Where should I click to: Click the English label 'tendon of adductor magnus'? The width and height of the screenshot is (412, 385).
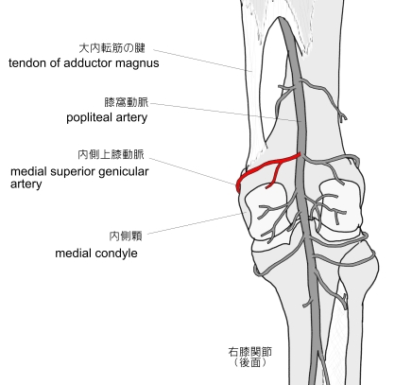84,63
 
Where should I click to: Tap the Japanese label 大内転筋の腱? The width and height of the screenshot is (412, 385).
112,48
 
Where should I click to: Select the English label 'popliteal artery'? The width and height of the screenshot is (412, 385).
107,117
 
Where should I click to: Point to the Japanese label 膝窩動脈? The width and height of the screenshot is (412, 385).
126,102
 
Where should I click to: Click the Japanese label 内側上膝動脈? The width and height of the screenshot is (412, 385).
111,154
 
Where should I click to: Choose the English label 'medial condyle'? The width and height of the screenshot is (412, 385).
96,254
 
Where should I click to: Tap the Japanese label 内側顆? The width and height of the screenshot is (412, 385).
126,236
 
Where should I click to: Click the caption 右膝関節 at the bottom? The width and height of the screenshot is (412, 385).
250,352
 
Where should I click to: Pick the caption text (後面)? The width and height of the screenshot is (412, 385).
250,362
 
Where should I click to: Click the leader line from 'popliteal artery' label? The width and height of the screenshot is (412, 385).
226,112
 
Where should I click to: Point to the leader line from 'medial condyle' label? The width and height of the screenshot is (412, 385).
195,223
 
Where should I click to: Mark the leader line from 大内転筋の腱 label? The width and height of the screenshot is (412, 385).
202,61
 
